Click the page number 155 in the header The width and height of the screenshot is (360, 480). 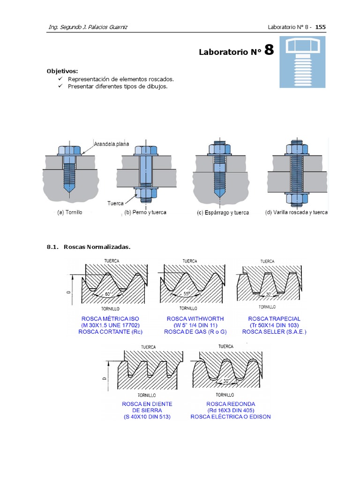(320, 27)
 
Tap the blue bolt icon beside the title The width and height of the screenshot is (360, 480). (302, 63)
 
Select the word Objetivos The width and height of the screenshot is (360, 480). (62, 71)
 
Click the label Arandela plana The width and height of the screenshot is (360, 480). (112, 144)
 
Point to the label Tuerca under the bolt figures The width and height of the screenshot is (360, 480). (115, 203)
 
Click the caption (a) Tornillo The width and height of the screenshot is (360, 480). (69, 212)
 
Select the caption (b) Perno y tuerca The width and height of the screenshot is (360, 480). (145, 212)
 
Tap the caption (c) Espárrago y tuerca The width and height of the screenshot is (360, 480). (223, 213)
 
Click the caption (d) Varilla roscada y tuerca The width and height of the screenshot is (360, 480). (296, 212)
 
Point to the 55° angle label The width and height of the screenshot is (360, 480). (187, 294)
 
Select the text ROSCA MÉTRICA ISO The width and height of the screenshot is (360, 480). (111, 319)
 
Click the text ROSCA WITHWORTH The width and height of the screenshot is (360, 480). (189, 319)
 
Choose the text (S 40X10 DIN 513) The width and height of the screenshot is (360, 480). (147, 417)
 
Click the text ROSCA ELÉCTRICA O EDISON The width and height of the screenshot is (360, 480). (231, 417)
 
